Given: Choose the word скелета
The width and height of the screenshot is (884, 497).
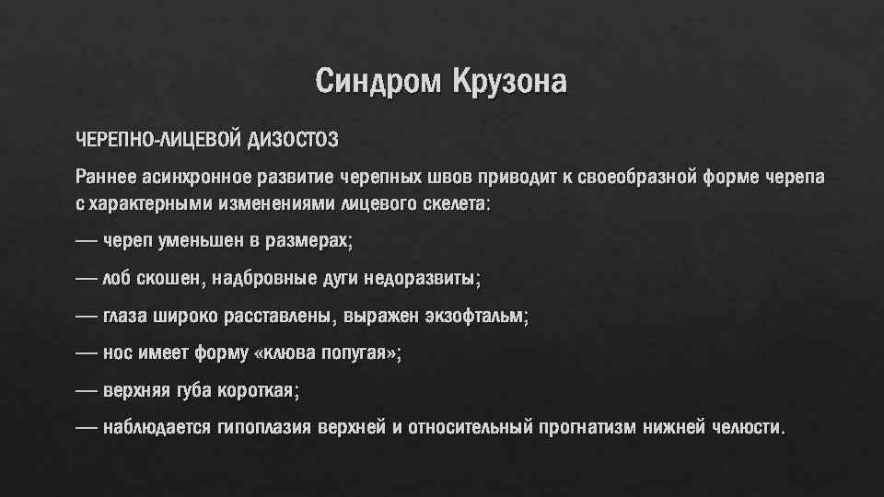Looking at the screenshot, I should coord(456,203).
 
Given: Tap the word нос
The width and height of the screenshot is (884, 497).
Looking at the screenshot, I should coord(118,353).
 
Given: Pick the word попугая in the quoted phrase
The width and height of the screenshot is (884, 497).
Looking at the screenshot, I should coord(363,353).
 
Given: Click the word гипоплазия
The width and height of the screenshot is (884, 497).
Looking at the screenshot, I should coord(267,428).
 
